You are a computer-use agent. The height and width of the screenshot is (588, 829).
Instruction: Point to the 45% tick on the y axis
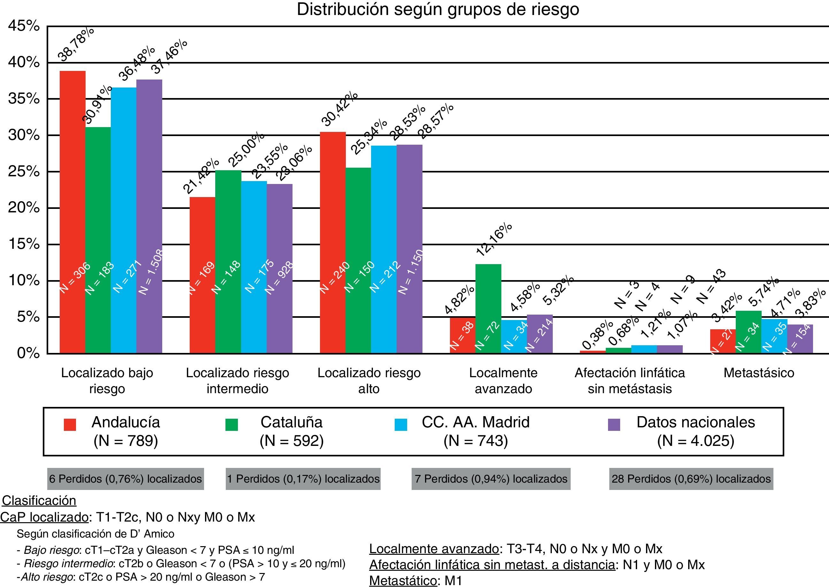click(24, 26)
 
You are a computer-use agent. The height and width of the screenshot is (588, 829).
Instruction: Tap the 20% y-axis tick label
click(24, 208)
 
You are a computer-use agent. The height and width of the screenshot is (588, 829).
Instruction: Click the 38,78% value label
click(76, 44)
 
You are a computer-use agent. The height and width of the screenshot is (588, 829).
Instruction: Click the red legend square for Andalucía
click(70, 425)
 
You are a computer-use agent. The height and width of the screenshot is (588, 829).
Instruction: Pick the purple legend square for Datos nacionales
click(614, 425)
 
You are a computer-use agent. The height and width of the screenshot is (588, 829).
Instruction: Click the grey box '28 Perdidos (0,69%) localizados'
click(691, 479)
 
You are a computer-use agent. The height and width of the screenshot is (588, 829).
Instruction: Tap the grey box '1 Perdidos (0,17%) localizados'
click(303, 479)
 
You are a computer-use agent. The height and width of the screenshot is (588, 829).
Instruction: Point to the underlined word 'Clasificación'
click(39, 501)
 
